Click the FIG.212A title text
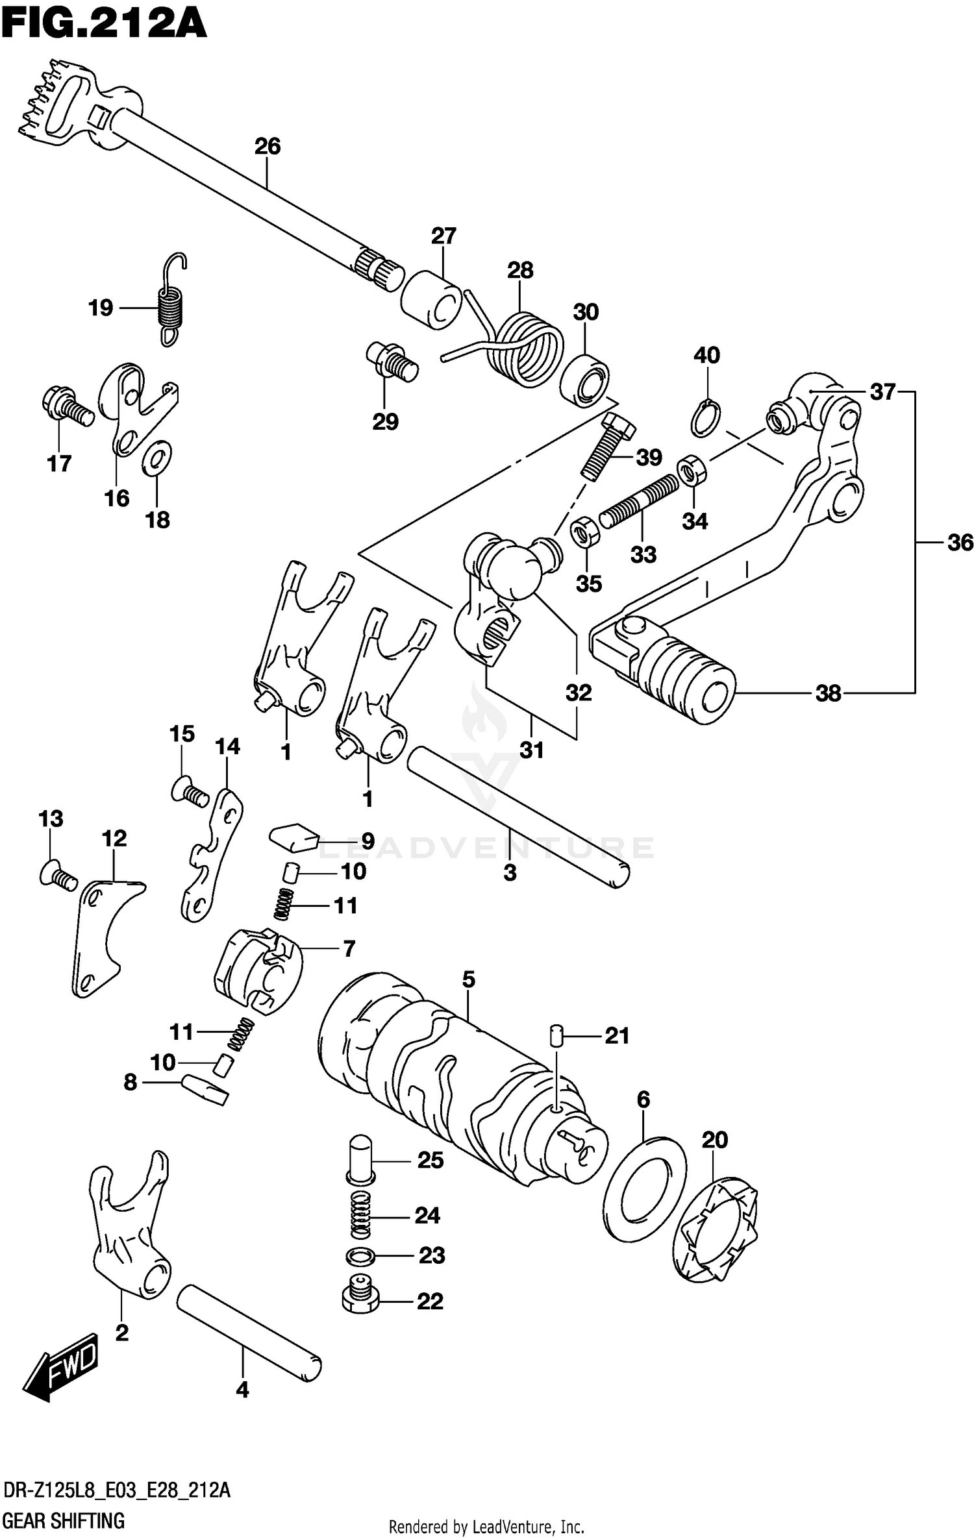coord(104,26)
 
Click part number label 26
coord(267,147)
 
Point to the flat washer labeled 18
coord(156,458)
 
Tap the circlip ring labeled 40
coord(705,419)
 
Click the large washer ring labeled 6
coord(643,1188)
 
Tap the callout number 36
coord(960,542)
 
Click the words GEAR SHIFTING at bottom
coord(64,1520)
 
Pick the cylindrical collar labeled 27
coord(430,300)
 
